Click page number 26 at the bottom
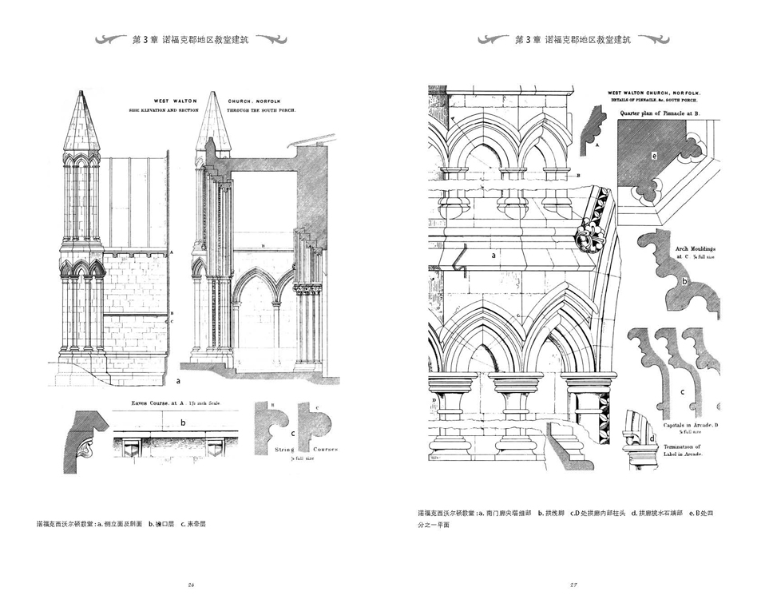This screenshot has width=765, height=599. pyautogui.click(x=192, y=585)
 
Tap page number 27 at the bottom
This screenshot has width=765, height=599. pyautogui.click(x=573, y=585)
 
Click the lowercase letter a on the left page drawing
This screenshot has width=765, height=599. pyautogui.click(x=178, y=383)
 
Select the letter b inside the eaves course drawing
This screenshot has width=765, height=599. pyautogui.click(x=183, y=422)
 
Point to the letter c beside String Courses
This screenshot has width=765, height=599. pyautogui.click(x=293, y=433)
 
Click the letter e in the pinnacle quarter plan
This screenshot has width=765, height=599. pyautogui.click(x=654, y=156)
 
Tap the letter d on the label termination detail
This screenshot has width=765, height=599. pyautogui.click(x=652, y=438)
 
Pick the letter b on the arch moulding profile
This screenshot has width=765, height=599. pyautogui.click(x=684, y=281)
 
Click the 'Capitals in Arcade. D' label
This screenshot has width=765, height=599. pyautogui.click(x=692, y=426)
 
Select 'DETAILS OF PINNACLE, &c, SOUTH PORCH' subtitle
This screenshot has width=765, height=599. pyautogui.click(x=653, y=101)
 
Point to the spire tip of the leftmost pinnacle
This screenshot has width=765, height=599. pyautogui.click(x=81, y=94)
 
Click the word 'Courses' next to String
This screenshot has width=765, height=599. pyautogui.click(x=324, y=449)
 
